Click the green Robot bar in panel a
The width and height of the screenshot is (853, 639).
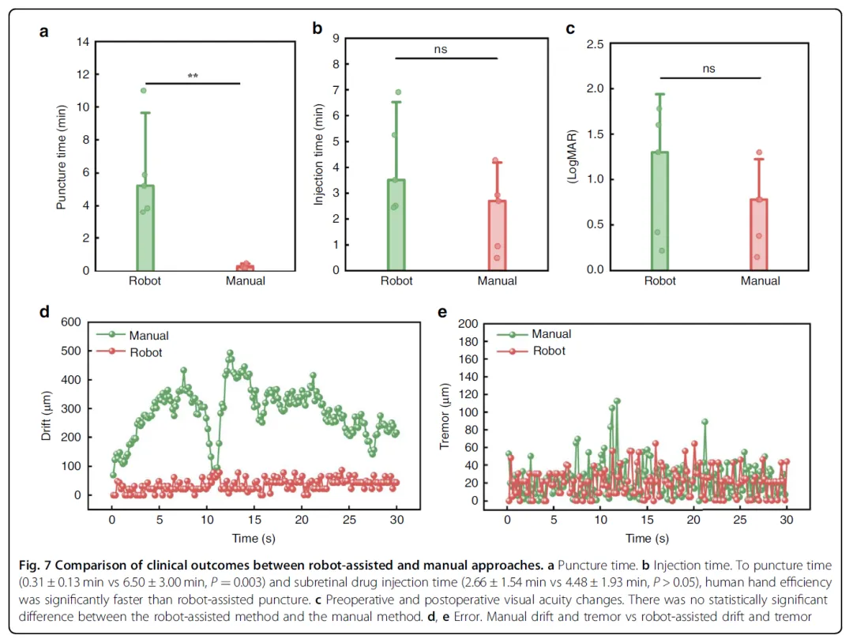145,229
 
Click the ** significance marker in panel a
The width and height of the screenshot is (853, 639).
193,77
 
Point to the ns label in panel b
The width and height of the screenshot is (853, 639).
440,50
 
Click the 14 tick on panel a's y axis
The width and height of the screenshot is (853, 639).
82,42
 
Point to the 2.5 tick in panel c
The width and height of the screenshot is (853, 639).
595,45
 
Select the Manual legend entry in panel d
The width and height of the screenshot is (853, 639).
148,336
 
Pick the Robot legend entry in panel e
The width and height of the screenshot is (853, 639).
549,351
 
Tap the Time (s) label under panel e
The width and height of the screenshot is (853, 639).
647,539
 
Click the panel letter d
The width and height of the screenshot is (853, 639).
45,313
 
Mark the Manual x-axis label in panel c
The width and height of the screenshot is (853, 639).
760,280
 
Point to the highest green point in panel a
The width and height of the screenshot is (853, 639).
143,91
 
